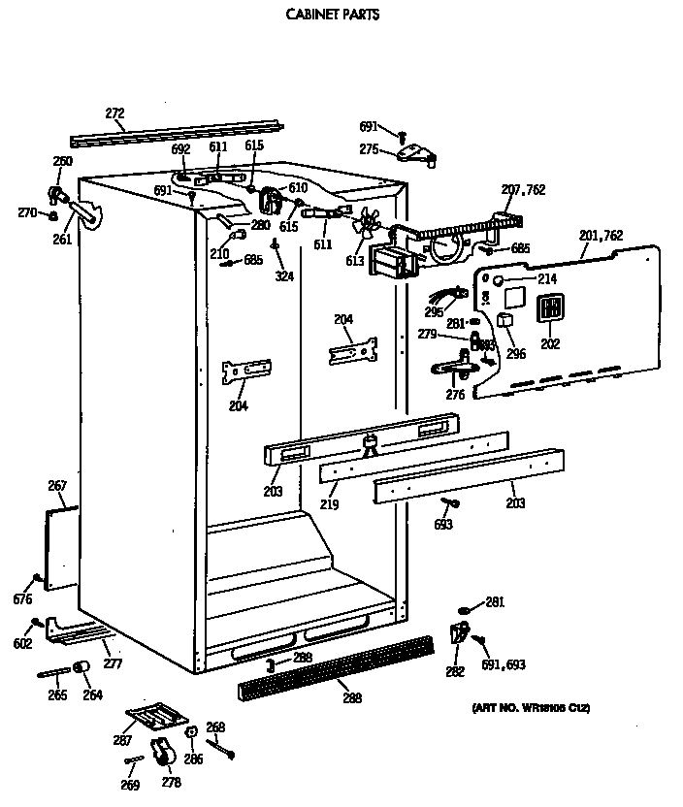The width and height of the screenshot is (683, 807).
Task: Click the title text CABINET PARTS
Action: click(332, 15)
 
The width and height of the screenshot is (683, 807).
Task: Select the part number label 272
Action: click(114, 114)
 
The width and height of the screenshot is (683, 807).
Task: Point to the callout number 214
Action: click(521, 279)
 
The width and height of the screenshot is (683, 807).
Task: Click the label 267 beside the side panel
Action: click(57, 486)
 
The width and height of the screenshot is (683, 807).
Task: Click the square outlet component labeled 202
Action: click(550, 309)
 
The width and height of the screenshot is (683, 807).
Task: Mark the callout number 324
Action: click(283, 277)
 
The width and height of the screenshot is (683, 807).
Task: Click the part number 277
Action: click(113, 663)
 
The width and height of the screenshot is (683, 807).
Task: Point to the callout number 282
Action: click(455, 671)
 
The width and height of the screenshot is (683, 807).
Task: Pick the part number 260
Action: click(62, 161)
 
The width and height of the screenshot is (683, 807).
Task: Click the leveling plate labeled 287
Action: click(153, 718)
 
